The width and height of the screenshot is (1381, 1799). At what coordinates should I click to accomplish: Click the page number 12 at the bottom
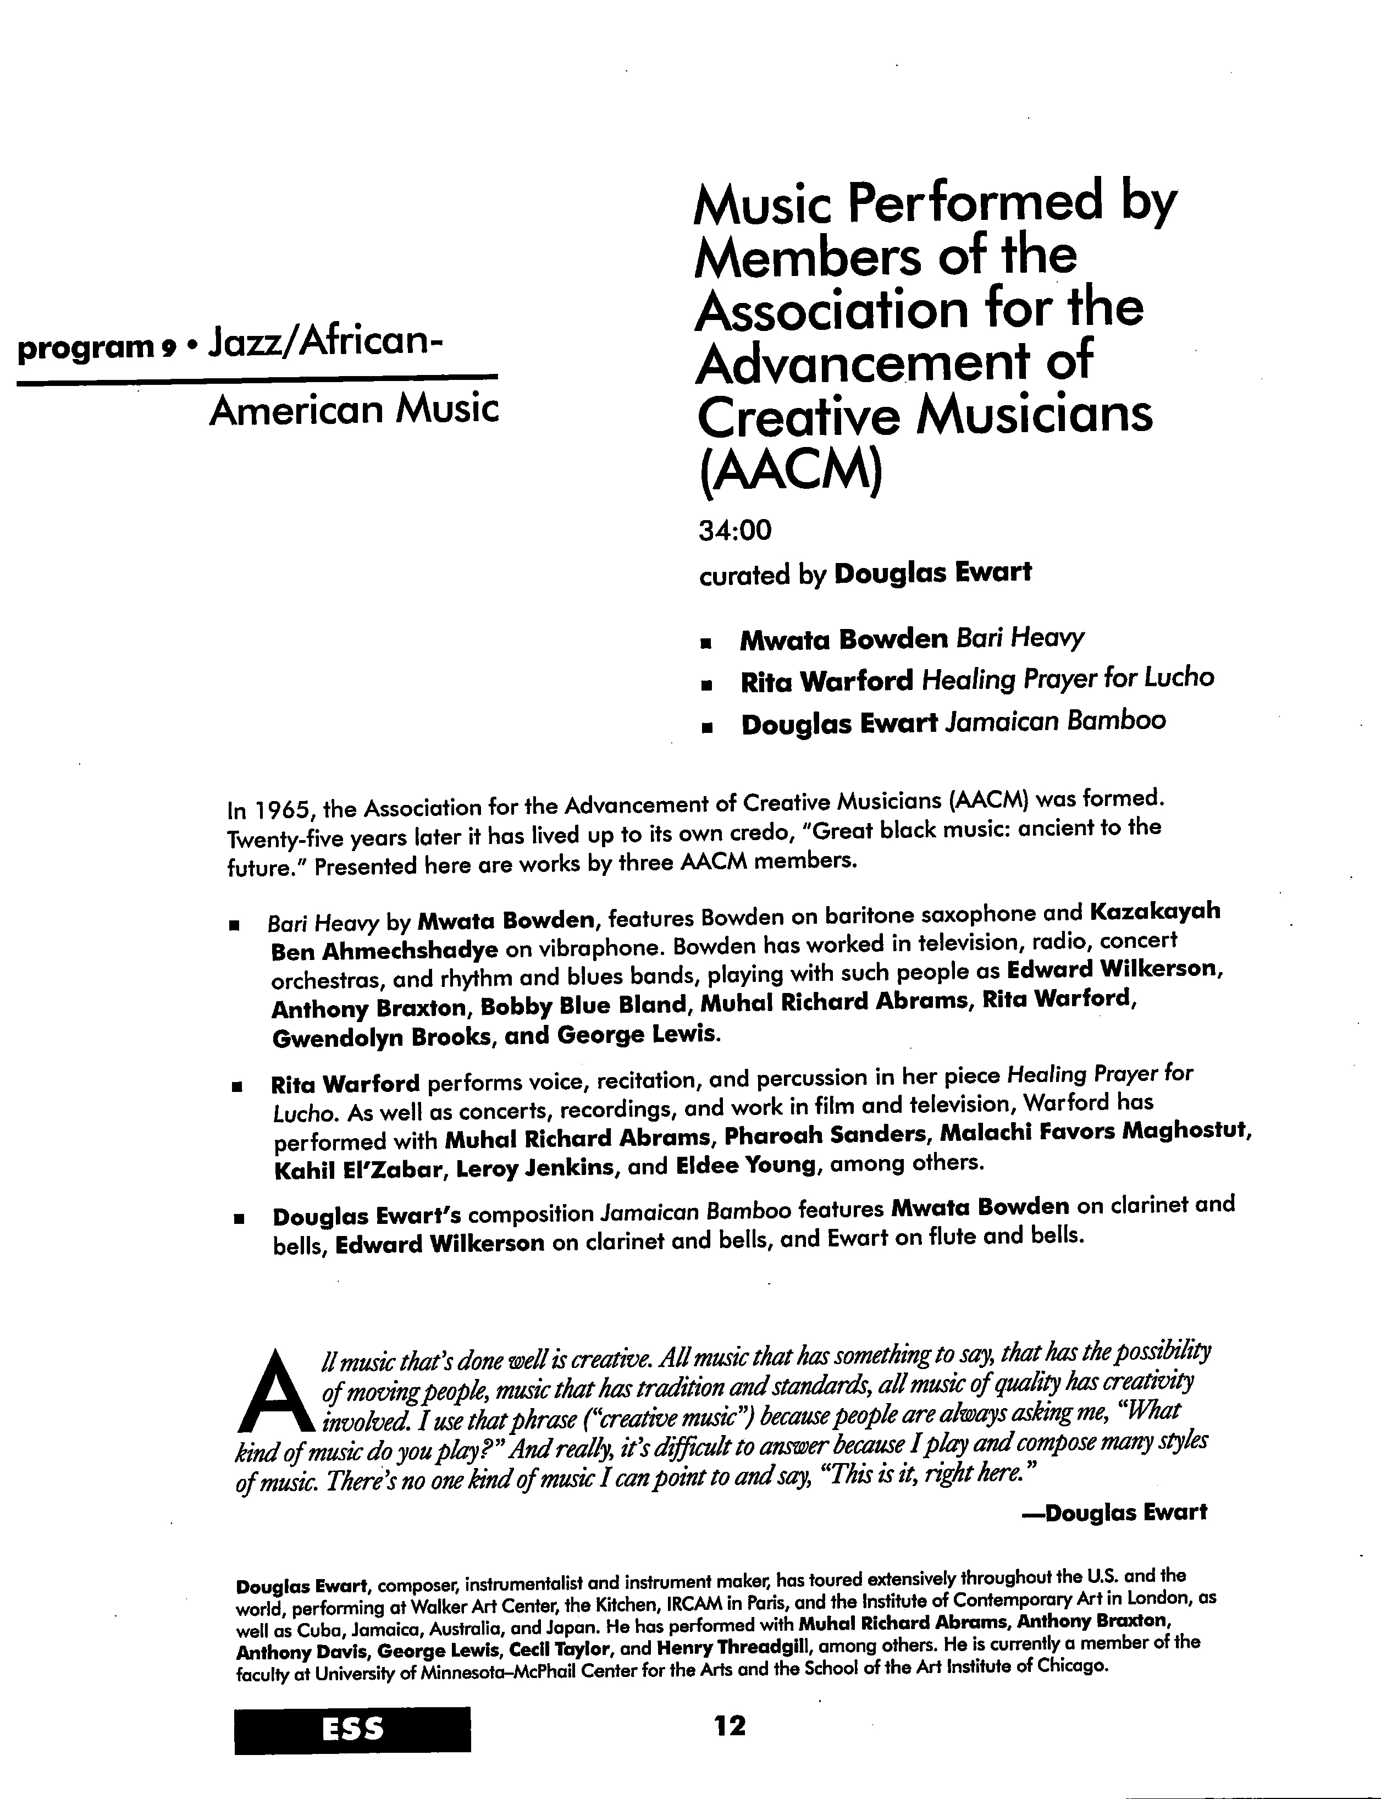pos(730,1725)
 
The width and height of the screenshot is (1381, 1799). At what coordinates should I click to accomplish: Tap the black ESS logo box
pos(352,1729)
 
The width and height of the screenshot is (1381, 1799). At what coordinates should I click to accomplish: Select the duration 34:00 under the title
pos(736,531)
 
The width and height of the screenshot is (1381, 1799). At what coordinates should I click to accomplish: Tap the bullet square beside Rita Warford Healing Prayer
pos(704,683)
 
